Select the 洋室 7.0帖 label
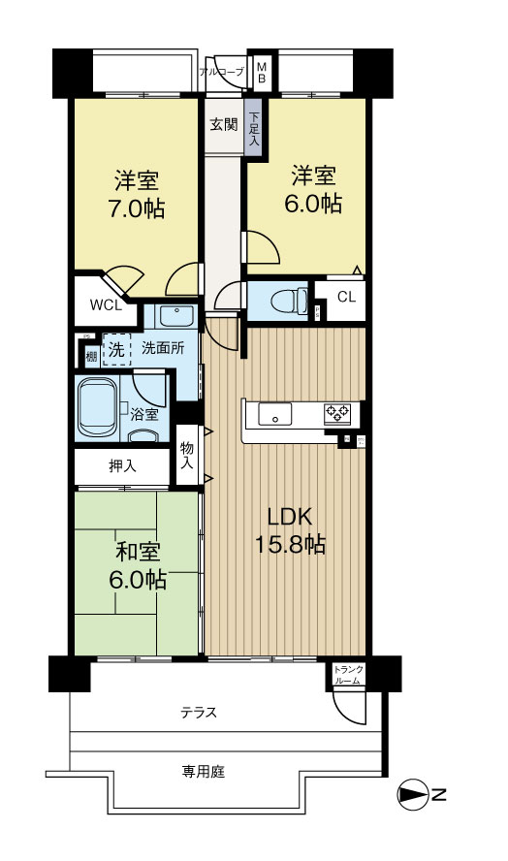[138, 194]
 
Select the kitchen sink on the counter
[275, 414]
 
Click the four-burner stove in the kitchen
[337, 414]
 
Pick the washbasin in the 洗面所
[175, 315]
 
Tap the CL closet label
[346, 298]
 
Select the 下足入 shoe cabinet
[253, 126]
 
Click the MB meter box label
[262, 72]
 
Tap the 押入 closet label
[122, 466]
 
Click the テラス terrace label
[198, 713]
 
